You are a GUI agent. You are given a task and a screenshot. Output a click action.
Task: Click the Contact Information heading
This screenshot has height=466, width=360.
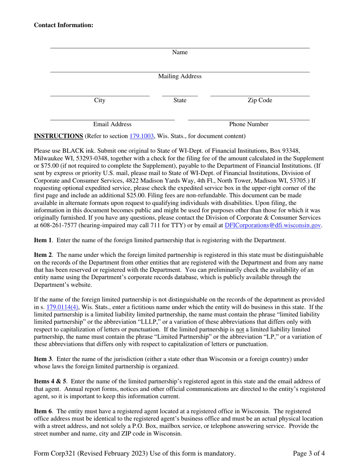pyautogui.click(x=63, y=25)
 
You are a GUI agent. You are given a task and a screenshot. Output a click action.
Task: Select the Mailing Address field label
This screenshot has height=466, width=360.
pyautogui.click(x=180, y=77)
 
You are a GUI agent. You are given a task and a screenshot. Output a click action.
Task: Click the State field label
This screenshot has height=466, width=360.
pyautogui.click(x=180, y=100)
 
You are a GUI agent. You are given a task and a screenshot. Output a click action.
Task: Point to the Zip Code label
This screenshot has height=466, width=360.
pyautogui.click(x=260, y=100)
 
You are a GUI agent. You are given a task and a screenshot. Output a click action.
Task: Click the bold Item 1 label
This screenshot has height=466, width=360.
pyautogui.click(x=42, y=240)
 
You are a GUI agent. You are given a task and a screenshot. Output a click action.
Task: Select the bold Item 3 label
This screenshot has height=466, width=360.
pyautogui.click(x=42, y=359)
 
